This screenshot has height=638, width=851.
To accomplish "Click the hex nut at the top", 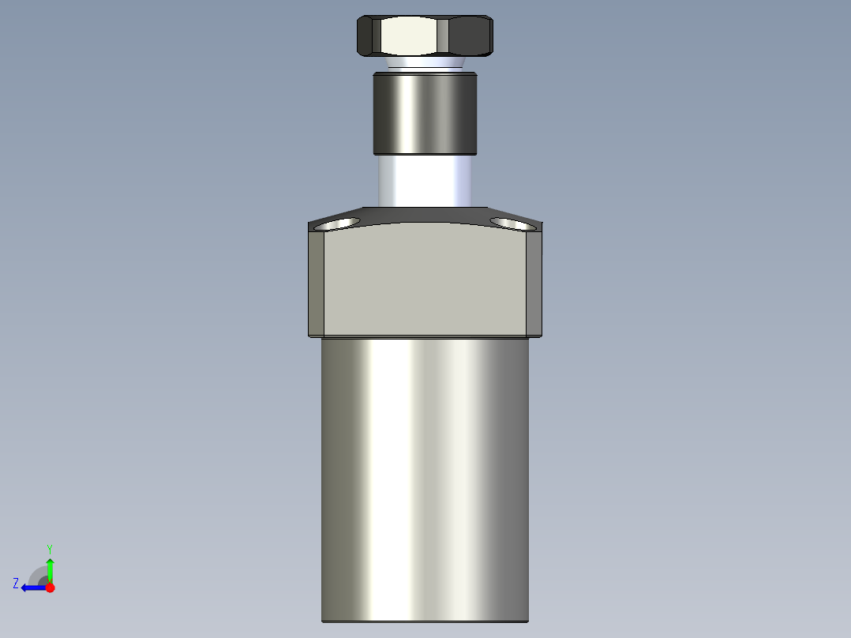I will (x=425, y=36).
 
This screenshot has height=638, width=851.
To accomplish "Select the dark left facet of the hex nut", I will (x=368, y=36).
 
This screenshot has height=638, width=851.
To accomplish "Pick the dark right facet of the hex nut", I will (x=471, y=36).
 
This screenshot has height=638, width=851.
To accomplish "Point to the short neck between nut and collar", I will (x=425, y=62).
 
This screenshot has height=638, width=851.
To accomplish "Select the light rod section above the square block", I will (x=425, y=180).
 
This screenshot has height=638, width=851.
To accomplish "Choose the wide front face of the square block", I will (x=425, y=280).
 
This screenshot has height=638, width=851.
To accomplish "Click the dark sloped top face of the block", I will (x=425, y=215).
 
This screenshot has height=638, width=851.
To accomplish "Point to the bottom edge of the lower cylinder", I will (x=425, y=621).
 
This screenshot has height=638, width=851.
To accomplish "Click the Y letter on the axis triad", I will (x=49, y=548).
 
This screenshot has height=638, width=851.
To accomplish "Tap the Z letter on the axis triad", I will (x=16, y=584).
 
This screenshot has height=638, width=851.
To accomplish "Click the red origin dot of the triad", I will (x=50, y=587).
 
